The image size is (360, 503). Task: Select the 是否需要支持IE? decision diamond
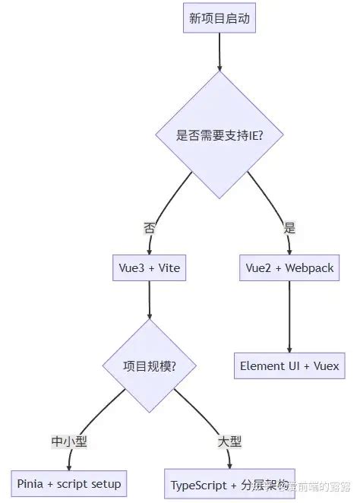(x=219, y=135)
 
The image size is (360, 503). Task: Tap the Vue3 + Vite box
(x=149, y=268)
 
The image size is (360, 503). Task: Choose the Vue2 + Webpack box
(x=289, y=268)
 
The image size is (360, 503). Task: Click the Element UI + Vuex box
(x=289, y=365)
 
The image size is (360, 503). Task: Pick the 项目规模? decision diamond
(x=150, y=365)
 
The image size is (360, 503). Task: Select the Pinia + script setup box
(x=69, y=483)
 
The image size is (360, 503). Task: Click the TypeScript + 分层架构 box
(x=229, y=483)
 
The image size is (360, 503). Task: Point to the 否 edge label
(x=150, y=227)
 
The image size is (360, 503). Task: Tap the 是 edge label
(x=289, y=227)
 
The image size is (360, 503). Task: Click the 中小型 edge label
(x=69, y=441)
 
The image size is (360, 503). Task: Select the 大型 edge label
(x=229, y=441)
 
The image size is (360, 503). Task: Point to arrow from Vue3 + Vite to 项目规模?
(x=149, y=300)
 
